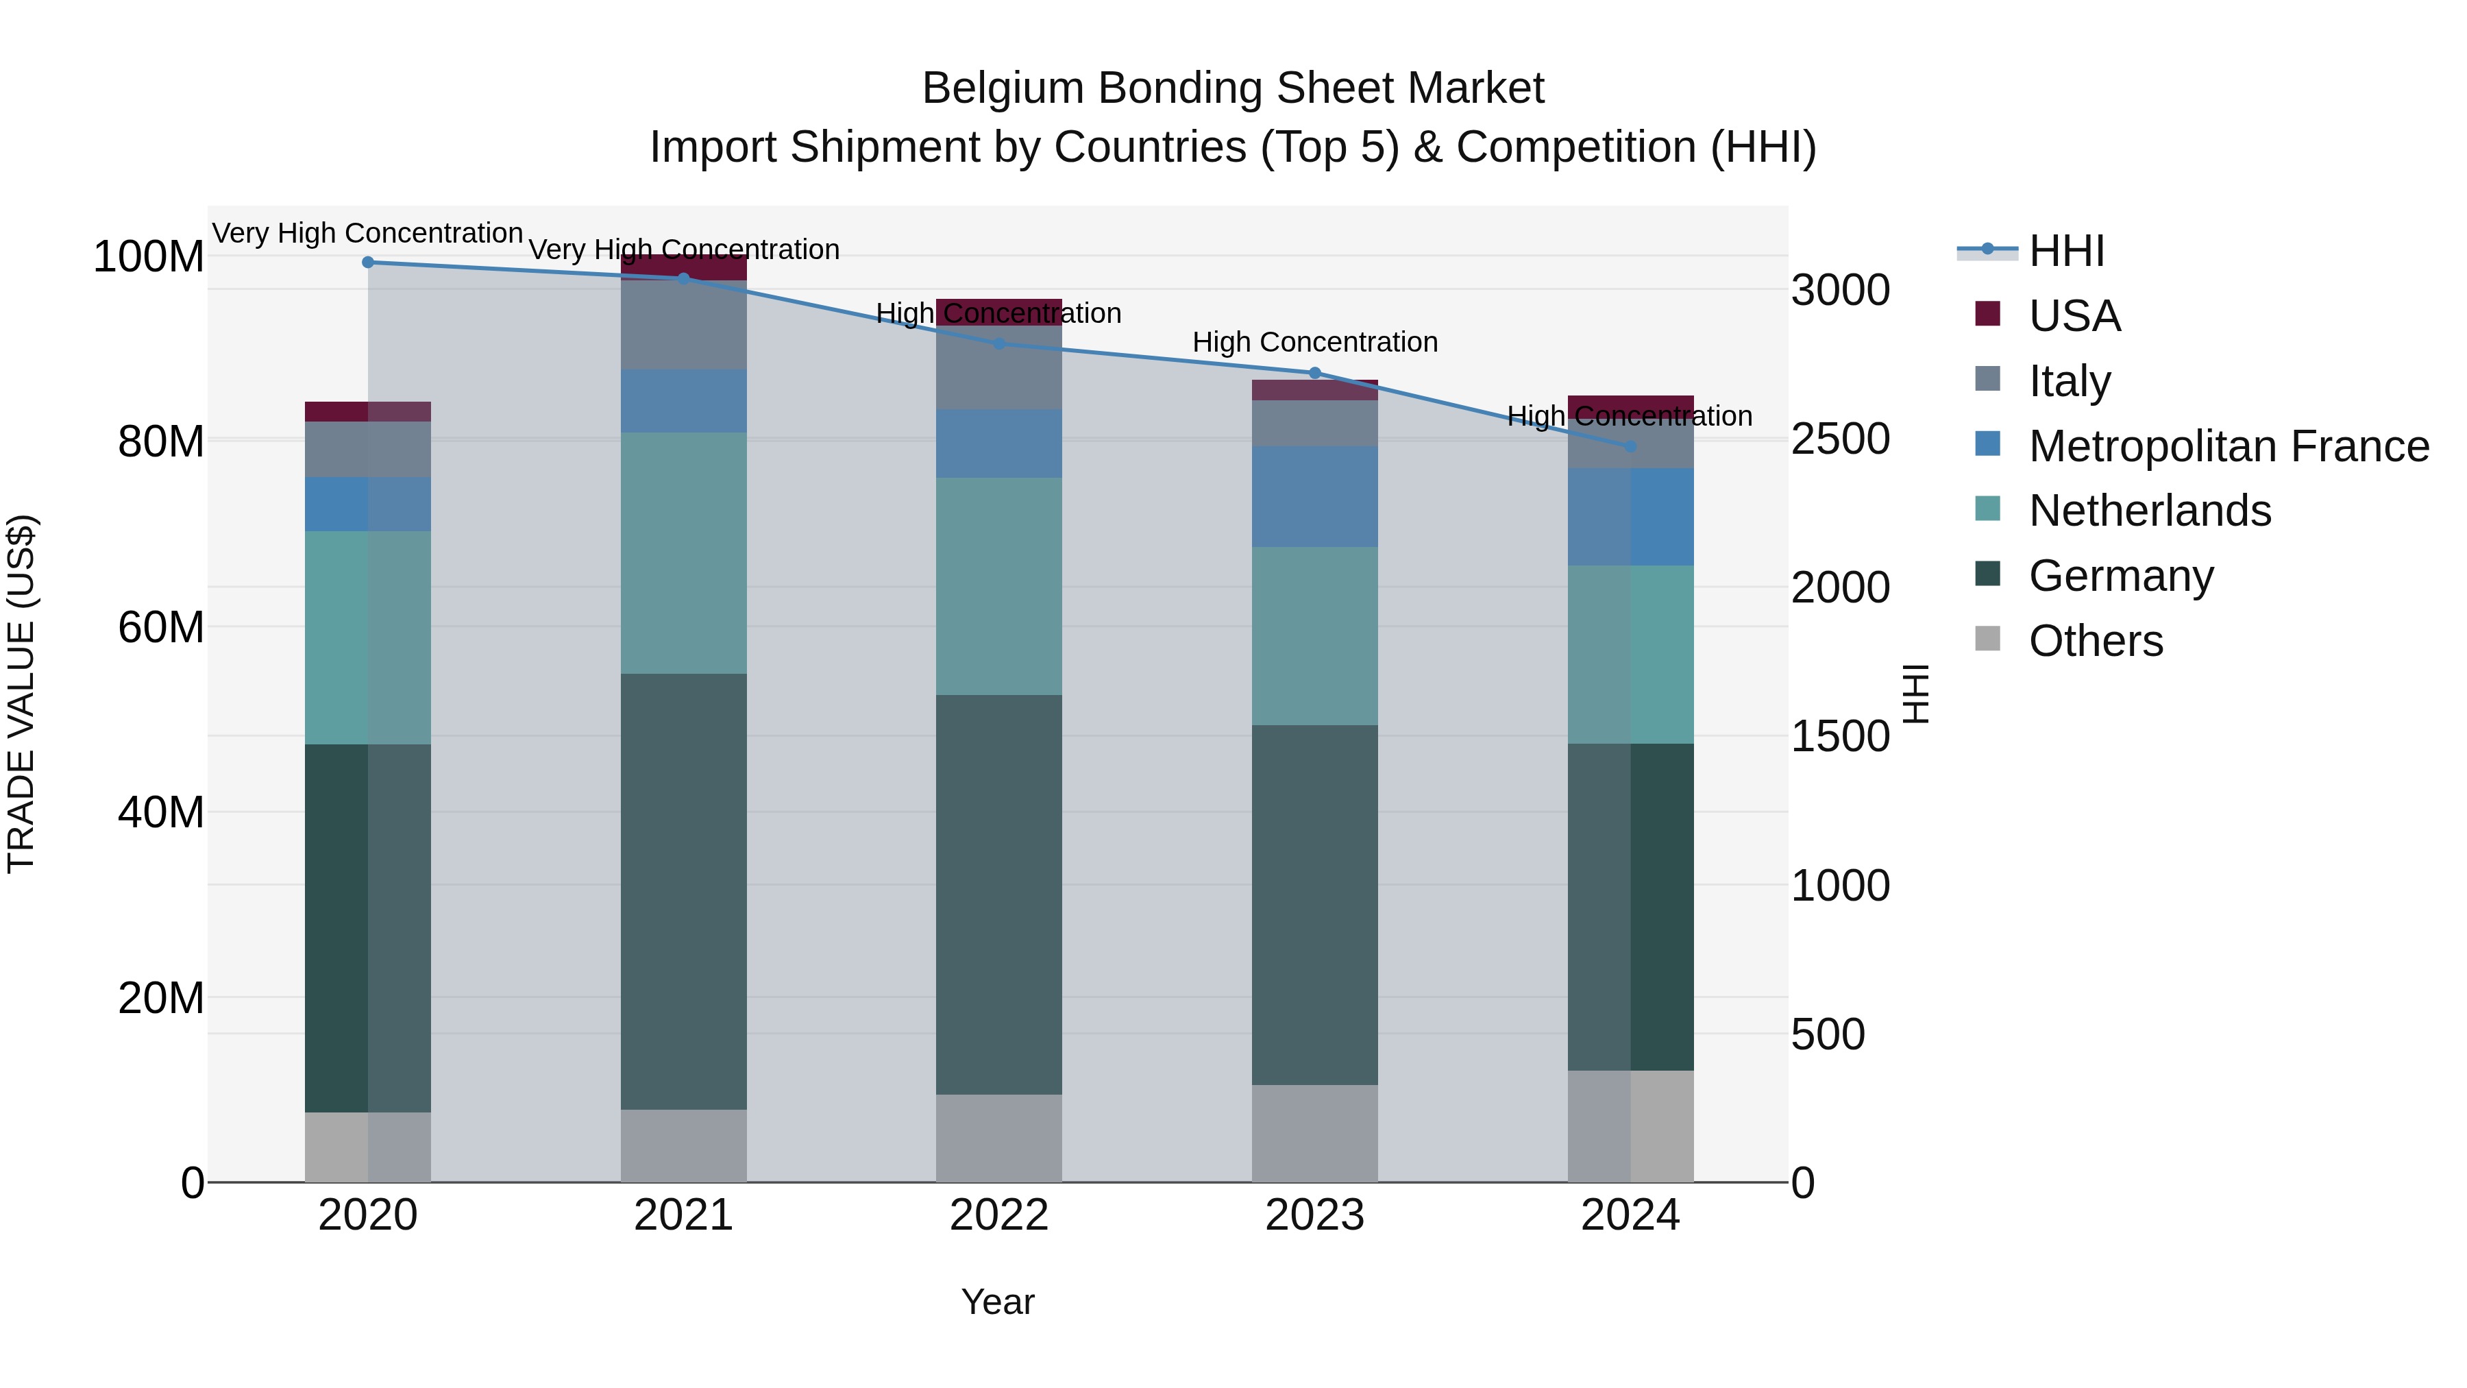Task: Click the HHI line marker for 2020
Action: point(368,262)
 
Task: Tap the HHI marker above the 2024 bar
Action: point(1630,446)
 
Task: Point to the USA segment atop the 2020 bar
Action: point(368,411)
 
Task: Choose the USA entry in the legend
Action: point(2074,316)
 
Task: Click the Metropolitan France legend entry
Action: point(2228,446)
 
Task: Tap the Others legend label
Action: point(2096,641)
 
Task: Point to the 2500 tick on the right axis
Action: point(1840,439)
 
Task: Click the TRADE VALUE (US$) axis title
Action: point(21,694)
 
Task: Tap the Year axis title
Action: point(997,1302)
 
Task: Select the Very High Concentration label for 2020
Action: point(368,233)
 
